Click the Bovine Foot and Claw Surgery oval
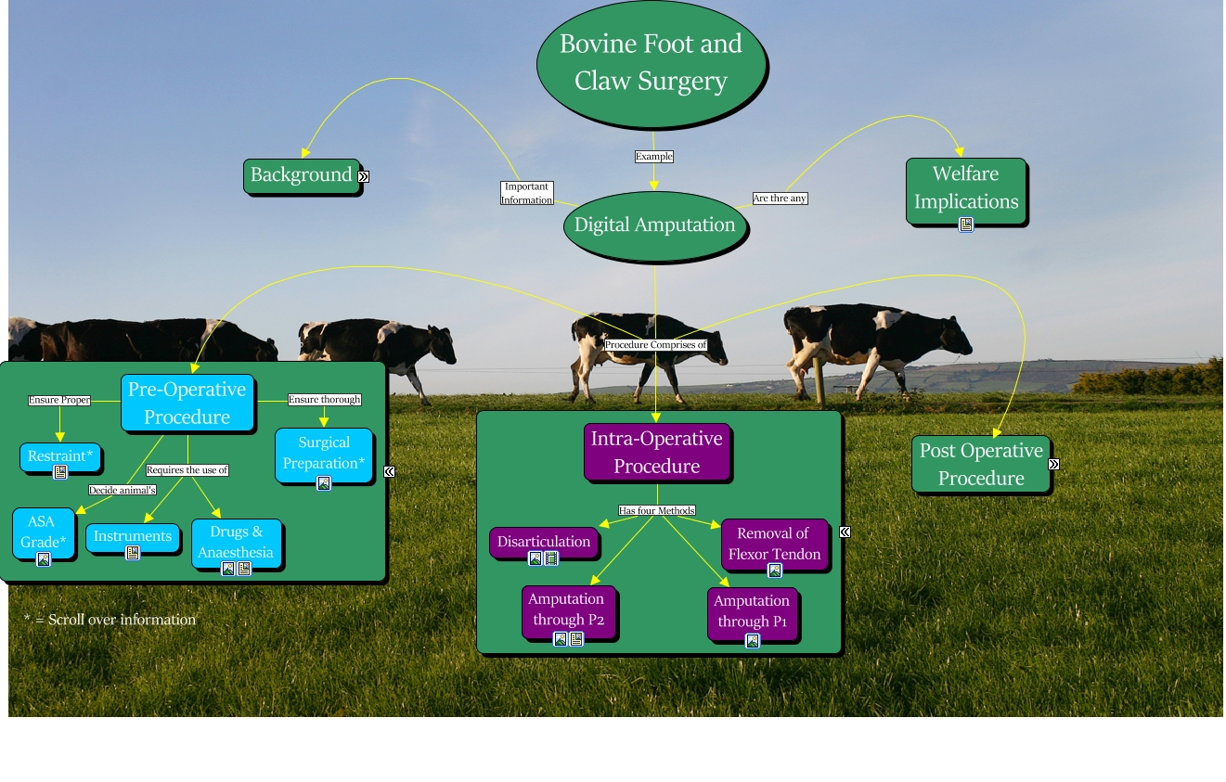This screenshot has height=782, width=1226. click(652, 62)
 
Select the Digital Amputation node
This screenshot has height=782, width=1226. click(654, 224)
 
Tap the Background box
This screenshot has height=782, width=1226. click(301, 174)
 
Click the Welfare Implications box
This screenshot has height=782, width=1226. click(965, 187)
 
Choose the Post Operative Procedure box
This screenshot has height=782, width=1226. click(980, 464)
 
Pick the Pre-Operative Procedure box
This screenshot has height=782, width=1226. click(187, 403)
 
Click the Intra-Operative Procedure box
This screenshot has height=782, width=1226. click(656, 452)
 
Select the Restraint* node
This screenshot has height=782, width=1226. click(60, 455)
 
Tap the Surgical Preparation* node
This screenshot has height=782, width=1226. click(323, 453)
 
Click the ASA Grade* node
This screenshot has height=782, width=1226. click(43, 532)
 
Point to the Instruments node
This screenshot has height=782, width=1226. click(132, 536)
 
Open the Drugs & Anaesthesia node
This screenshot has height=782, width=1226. click(236, 542)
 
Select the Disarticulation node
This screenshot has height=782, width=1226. click(543, 542)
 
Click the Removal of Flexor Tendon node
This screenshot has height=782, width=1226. click(774, 544)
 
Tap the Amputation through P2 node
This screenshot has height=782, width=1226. click(566, 609)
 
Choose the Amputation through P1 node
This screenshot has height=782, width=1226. click(752, 611)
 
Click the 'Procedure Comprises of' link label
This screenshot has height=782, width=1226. click(655, 345)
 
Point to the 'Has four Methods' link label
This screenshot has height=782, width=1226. click(657, 510)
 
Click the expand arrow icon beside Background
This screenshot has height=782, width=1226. click(364, 176)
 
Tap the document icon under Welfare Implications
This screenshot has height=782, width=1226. click(966, 224)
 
